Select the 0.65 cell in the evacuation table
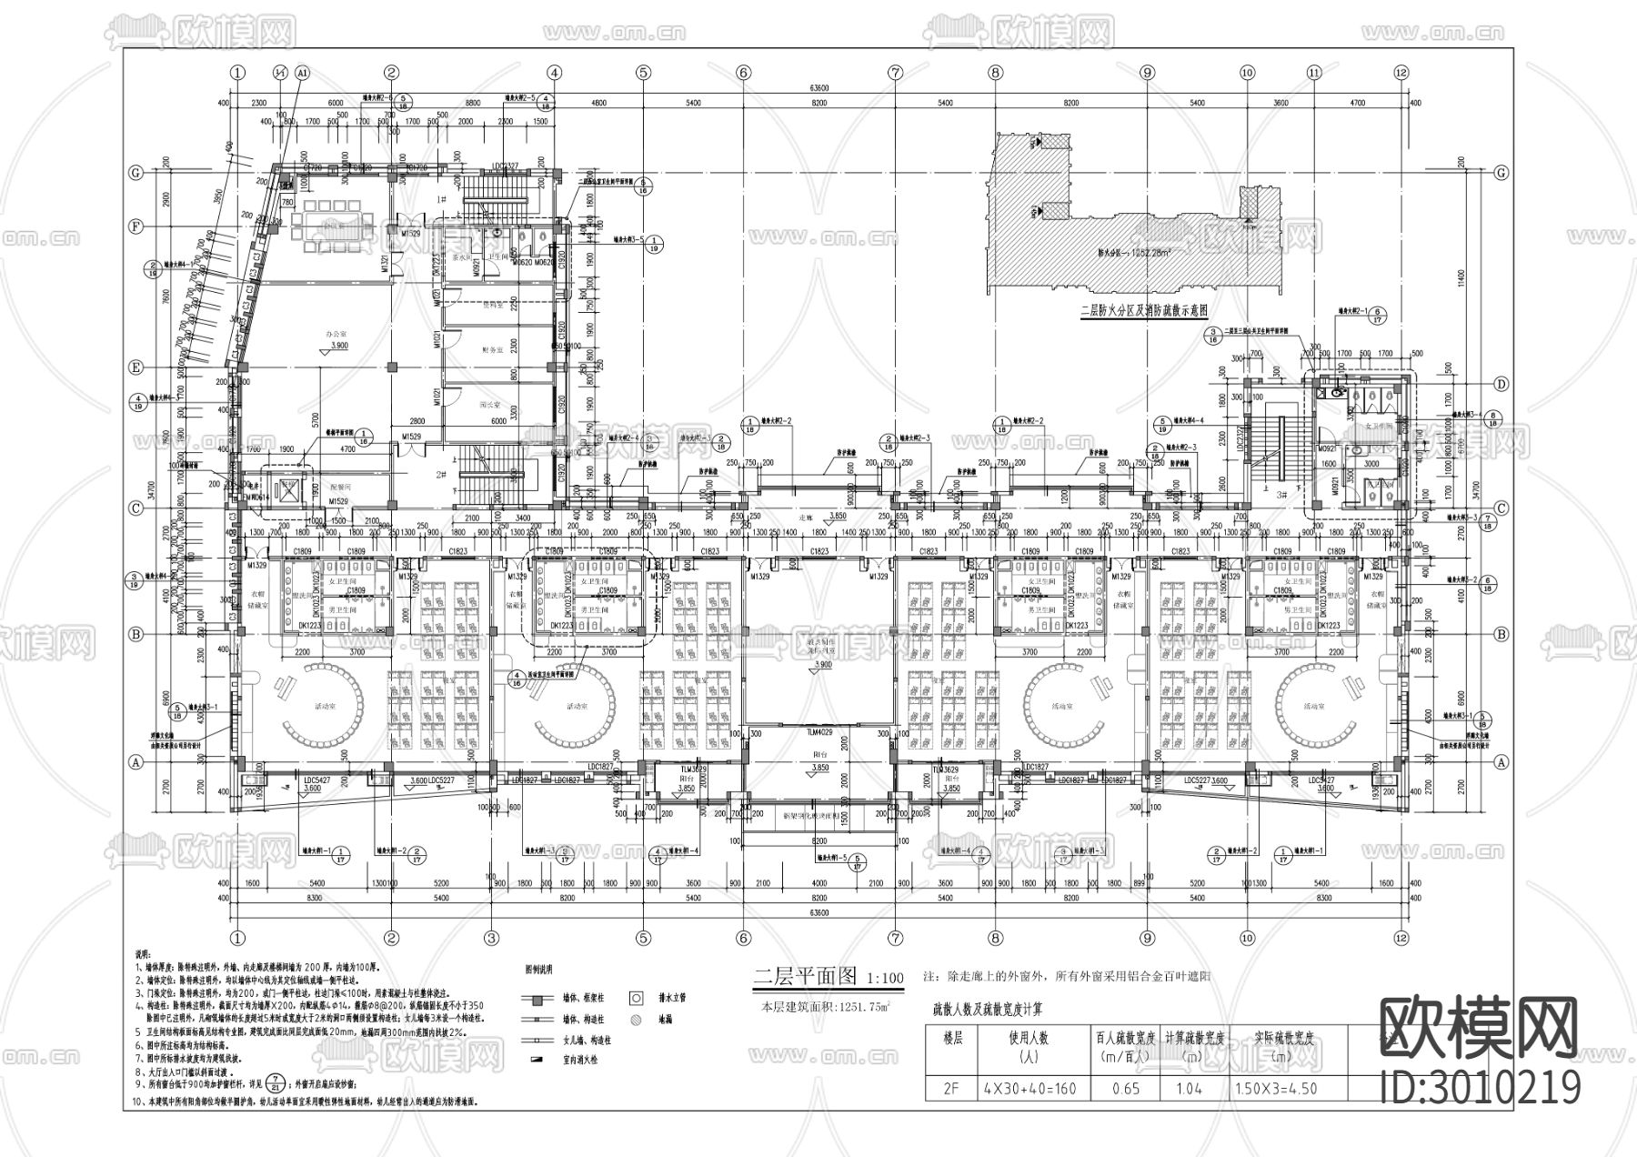(1125, 1088)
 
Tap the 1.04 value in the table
(1194, 1088)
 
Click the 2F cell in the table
(951, 1088)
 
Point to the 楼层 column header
(951, 1037)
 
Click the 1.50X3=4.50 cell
(1276, 1088)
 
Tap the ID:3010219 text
(1481, 1088)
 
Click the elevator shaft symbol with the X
(287, 488)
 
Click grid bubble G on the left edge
(136, 173)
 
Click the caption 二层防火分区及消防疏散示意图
(1143, 309)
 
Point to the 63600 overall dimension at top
(818, 88)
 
